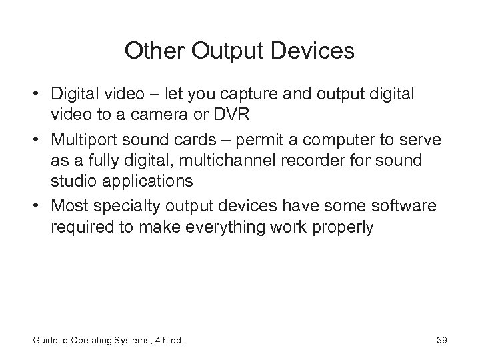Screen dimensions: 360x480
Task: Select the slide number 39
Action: coord(441,341)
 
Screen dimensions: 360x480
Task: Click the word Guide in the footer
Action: coord(44,341)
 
